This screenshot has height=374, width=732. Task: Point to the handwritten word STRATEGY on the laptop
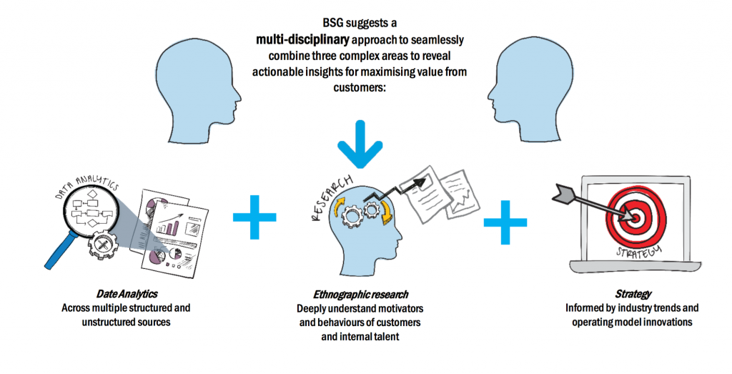[x=635, y=251]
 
